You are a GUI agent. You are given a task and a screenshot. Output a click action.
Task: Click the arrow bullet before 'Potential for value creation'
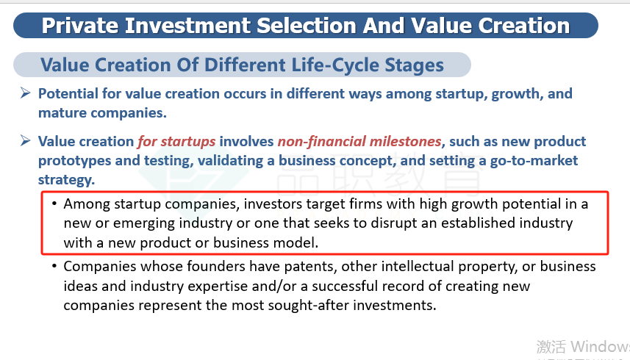tap(25, 93)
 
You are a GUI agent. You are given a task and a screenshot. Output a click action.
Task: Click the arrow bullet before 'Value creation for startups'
tap(25, 141)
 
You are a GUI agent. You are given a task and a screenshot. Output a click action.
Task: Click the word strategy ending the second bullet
tap(66, 180)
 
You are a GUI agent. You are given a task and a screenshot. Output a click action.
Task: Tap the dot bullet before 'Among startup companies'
tap(54, 204)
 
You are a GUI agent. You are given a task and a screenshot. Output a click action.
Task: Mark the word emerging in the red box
tap(144, 223)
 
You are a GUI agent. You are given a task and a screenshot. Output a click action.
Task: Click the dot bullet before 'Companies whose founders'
tap(54, 266)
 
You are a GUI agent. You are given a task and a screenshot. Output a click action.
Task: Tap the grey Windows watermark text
tap(584, 346)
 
